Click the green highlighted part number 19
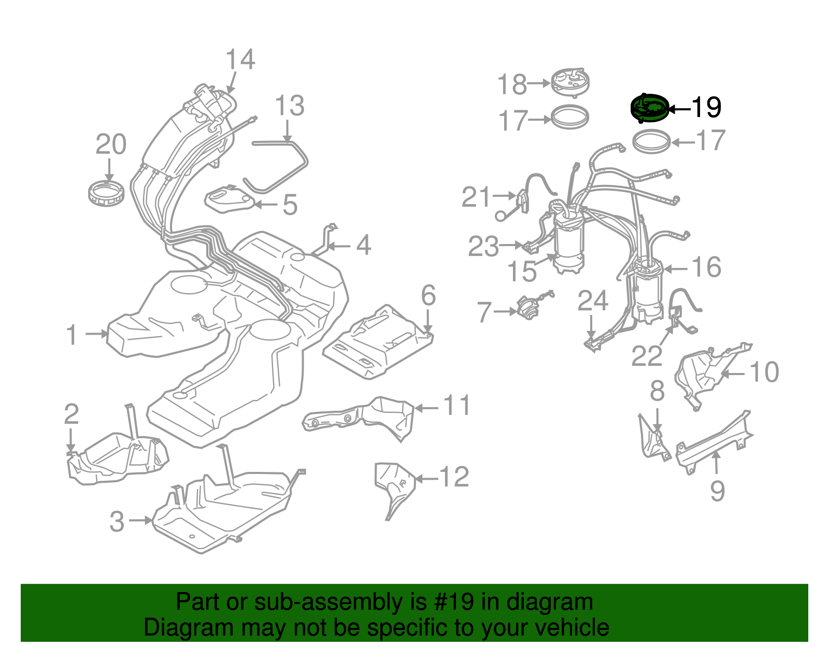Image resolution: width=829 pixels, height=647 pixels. [x=649, y=108]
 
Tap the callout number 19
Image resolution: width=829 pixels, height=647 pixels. [x=706, y=107]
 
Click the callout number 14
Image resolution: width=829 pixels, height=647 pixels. [x=240, y=60]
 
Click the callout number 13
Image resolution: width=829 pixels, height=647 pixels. [x=289, y=106]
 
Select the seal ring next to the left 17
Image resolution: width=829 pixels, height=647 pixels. [x=570, y=117]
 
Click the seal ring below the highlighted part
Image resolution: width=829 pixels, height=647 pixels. [x=652, y=141]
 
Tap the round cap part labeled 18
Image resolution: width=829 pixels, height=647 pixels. [x=569, y=82]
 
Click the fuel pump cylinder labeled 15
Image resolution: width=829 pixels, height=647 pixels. [x=568, y=243]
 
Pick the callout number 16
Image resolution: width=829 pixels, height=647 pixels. [x=707, y=267]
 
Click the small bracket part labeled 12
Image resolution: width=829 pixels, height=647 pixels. [x=394, y=484]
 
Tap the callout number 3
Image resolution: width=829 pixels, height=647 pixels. [x=117, y=521]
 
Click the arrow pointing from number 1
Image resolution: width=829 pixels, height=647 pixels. [x=96, y=334]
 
